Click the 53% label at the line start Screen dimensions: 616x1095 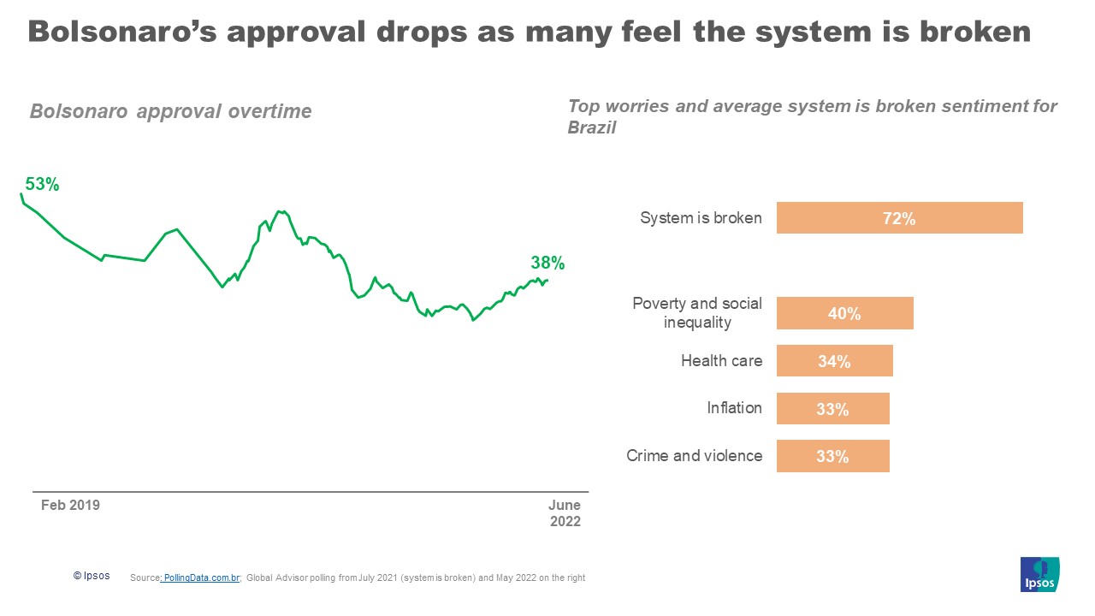[x=42, y=184]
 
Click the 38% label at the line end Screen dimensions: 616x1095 [x=547, y=264]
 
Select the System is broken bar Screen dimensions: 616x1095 [x=899, y=218]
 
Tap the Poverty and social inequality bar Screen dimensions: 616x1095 [x=844, y=313]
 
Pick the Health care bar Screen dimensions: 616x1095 [x=834, y=361]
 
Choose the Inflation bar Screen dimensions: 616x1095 [x=832, y=409]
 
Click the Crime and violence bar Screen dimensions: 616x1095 [x=832, y=456]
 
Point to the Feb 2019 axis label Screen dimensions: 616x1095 [x=70, y=505]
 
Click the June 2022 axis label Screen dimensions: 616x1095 [x=564, y=513]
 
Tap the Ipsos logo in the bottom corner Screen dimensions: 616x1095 [x=1039, y=574]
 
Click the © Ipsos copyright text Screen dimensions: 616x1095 [x=92, y=577]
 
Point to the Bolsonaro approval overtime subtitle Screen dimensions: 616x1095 [x=171, y=111]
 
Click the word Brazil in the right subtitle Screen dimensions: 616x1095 [x=592, y=128]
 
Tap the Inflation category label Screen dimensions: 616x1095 [x=734, y=408]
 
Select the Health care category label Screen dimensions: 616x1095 [x=721, y=361]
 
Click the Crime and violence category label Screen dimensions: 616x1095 [x=694, y=456]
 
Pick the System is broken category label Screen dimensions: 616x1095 [x=701, y=218]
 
